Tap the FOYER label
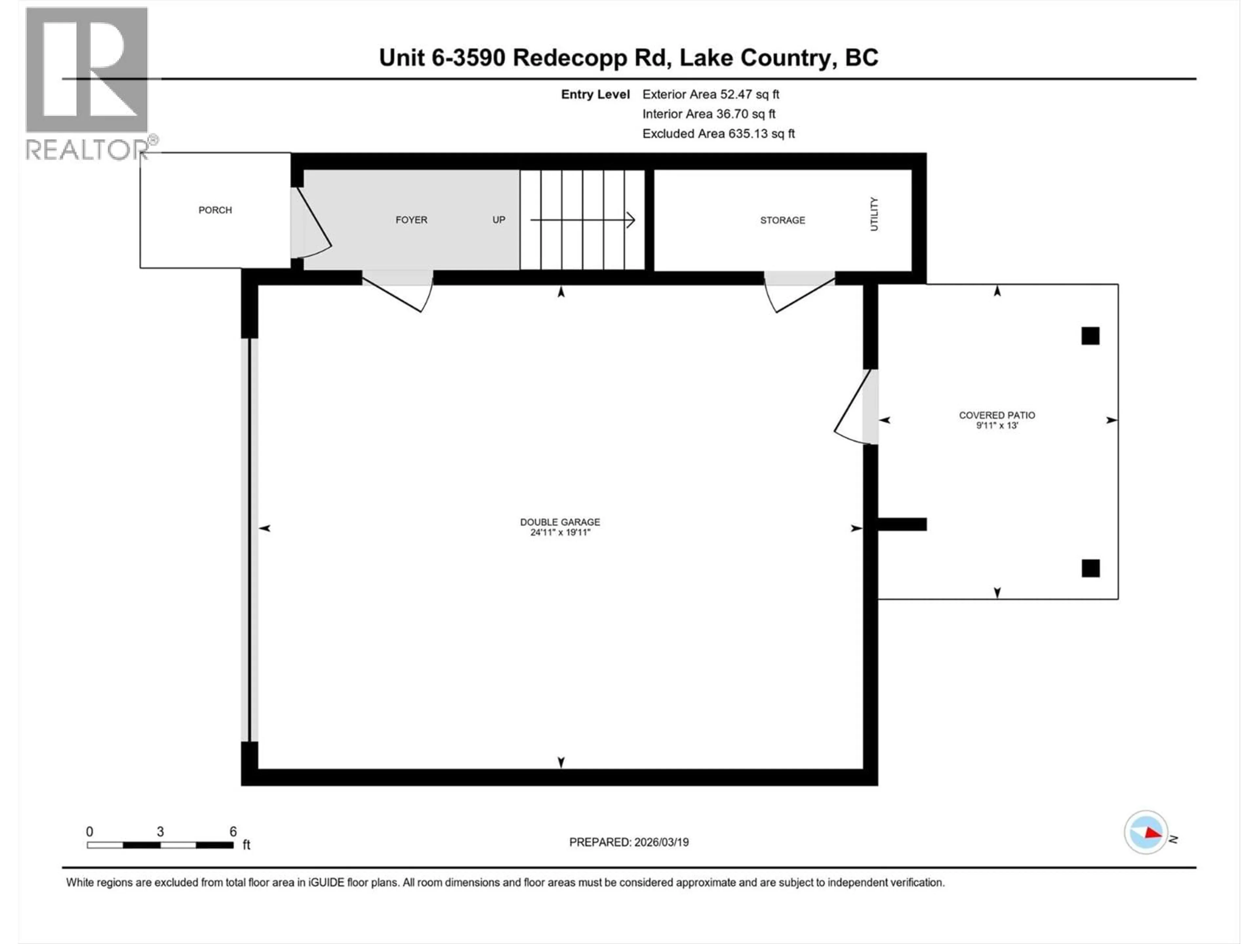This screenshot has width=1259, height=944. (411, 220)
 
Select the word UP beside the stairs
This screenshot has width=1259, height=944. (499, 220)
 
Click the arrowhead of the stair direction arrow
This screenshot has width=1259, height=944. (630, 220)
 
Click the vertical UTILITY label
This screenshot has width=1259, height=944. (874, 214)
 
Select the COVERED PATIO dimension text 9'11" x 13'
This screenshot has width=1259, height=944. (997, 425)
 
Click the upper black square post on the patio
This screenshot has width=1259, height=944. (1090, 336)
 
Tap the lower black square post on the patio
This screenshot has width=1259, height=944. (1090, 568)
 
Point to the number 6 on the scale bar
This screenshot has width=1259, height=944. (233, 831)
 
